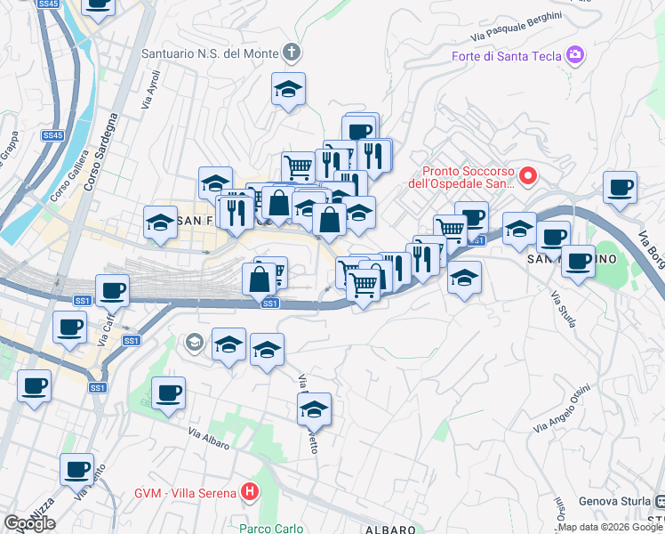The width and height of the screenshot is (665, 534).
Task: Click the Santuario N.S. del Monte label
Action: click(210, 54)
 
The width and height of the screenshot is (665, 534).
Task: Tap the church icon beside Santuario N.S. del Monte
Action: click(292, 53)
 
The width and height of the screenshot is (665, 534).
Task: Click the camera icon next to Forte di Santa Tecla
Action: click(575, 55)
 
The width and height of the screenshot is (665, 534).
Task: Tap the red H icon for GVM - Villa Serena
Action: click(251, 492)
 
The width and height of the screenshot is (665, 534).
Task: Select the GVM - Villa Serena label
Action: click(185, 493)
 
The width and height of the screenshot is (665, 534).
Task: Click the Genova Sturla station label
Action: click(615, 500)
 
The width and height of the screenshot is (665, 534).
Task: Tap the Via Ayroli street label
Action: click(150, 93)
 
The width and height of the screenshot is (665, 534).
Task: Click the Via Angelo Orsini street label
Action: click(562, 409)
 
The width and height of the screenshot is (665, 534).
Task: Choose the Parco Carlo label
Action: click(272, 529)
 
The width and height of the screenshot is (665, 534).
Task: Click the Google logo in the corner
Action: click(28, 523)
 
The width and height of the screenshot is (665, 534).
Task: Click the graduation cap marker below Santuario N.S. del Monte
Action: click(288, 90)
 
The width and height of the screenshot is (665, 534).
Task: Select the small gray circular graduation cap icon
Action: click(194, 342)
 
